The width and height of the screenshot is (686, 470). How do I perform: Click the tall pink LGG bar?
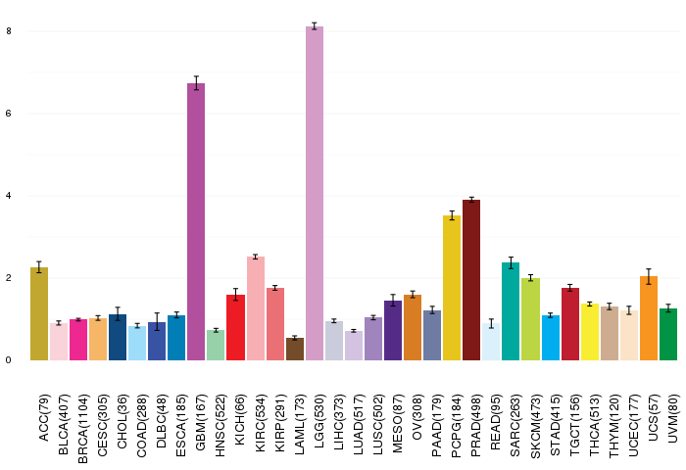pos(315,193)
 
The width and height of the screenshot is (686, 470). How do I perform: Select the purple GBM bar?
pos(196,221)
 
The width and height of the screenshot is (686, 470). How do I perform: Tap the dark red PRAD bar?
pos(471,280)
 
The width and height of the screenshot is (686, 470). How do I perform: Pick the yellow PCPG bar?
pos(452,288)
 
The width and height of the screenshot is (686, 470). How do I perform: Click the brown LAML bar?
pos(295,349)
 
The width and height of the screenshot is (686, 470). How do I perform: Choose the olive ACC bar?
pos(39,314)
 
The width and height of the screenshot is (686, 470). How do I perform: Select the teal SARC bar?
pos(511,311)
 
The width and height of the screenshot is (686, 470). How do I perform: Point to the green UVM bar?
pos(668,335)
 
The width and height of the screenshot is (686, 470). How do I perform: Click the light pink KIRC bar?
pos(256,308)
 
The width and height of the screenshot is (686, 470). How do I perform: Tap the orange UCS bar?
pos(649,318)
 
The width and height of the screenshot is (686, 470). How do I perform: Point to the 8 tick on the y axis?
pos(9,31)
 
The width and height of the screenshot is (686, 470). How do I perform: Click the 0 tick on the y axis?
pos(9,360)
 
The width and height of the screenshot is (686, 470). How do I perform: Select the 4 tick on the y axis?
pos(9,196)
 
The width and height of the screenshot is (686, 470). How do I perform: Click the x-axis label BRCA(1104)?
pos(82,429)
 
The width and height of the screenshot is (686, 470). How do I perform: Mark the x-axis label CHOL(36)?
pos(122,421)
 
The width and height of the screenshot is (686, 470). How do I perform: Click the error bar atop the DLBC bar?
pos(157,322)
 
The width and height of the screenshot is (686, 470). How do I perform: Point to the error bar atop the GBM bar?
pos(196,83)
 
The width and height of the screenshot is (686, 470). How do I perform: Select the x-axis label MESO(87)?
pos(398,423)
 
